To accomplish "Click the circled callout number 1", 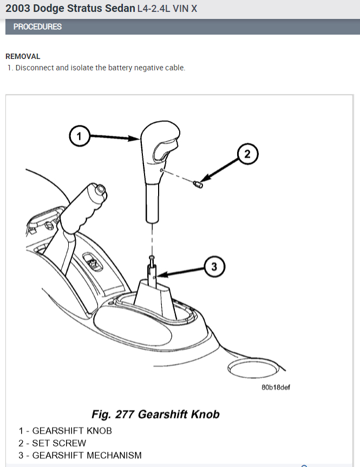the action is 80,136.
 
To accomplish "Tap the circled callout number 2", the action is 247,154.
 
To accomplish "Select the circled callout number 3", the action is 214,266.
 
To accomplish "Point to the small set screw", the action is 198,184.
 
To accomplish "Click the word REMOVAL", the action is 23,56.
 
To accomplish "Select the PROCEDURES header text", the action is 37,27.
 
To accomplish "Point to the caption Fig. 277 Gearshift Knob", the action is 156,415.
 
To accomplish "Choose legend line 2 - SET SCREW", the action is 52,443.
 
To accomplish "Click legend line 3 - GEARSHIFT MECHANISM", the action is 80,455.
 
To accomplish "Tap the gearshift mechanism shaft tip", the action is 152,258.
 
